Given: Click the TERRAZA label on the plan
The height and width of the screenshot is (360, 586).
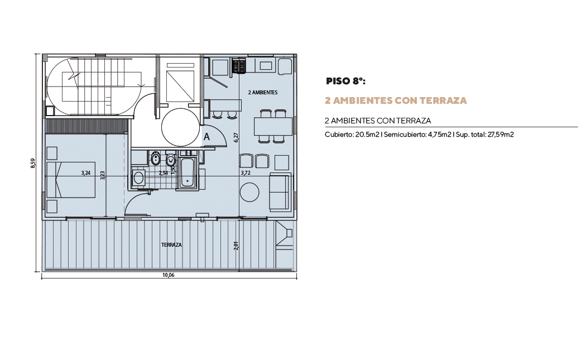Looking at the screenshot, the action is pyautogui.click(x=171, y=245).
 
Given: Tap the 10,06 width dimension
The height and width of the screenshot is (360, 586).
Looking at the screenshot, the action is pyautogui.click(x=169, y=275).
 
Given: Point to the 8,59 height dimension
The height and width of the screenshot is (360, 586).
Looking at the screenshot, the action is pyautogui.click(x=33, y=164).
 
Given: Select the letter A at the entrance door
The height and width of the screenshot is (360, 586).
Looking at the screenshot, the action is pyautogui.click(x=206, y=137).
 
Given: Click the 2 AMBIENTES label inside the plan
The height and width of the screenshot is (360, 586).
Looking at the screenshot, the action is pyautogui.click(x=263, y=92).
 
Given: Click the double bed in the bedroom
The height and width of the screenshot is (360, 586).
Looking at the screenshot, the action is pyautogui.click(x=70, y=179).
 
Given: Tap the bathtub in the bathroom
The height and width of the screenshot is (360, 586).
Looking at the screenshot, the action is pyautogui.click(x=187, y=172).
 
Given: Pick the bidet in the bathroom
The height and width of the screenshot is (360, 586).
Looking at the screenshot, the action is pyautogui.click(x=155, y=159).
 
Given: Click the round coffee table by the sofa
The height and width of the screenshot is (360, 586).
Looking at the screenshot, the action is pyautogui.click(x=249, y=192).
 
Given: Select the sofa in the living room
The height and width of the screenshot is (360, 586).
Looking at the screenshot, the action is pyautogui.click(x=280, y=191).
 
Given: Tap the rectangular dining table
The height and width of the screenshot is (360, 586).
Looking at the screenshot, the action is pyautogui.click(x=273, y=126).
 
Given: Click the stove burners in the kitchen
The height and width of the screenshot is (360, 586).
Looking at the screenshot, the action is pyautogui.click(x=239, y=66).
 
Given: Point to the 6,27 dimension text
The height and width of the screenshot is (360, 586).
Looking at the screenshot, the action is pyautogui.click(x=236, y=137).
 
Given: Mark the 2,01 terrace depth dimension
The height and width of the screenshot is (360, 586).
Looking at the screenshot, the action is pyautogui.click(x=236, y=245).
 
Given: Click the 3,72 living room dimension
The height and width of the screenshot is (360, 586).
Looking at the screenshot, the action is pyautogui.click(x=246, y=173).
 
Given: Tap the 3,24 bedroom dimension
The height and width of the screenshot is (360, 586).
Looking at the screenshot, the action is pyautogui.click(x=85, y=173).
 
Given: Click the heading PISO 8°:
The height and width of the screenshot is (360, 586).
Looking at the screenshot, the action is pyautogui.click(x=345, y=81).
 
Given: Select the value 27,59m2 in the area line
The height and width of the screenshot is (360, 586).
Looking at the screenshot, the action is pyautogui.click(x=501, y=135).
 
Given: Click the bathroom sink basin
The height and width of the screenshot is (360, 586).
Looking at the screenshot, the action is pyautogui.click(x=138, y=178).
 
